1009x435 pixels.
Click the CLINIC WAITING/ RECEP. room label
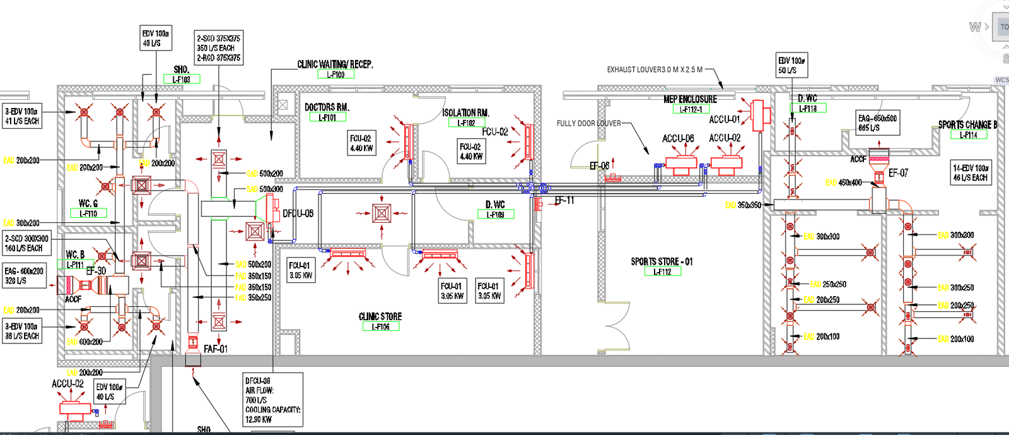point(335,64)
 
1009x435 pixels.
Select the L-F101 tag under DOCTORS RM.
point(327,117)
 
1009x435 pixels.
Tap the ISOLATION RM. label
point(465,113)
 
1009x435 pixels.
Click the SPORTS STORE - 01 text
point(662,261)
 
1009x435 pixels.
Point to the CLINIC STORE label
point(380,316)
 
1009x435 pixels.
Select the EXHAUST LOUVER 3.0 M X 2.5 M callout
point(655,69)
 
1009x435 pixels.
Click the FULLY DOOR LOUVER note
point(588,124)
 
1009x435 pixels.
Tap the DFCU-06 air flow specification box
point(272,400)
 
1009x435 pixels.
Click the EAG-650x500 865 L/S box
point(877,122)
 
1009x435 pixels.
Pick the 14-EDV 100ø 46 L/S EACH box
point(971,172)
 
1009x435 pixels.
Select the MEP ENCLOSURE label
point(690,99)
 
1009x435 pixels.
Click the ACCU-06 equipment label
point(678,138)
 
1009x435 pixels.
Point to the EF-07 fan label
point(898,173)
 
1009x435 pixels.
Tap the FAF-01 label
point(216,349)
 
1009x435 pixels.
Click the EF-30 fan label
point(96,270)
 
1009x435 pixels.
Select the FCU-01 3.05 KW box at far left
point(301,270)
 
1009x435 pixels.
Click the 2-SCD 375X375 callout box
point(218,48)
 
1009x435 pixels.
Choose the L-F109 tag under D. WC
point(495,215)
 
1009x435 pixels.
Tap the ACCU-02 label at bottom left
point(67,383)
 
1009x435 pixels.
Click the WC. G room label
point(88,203)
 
